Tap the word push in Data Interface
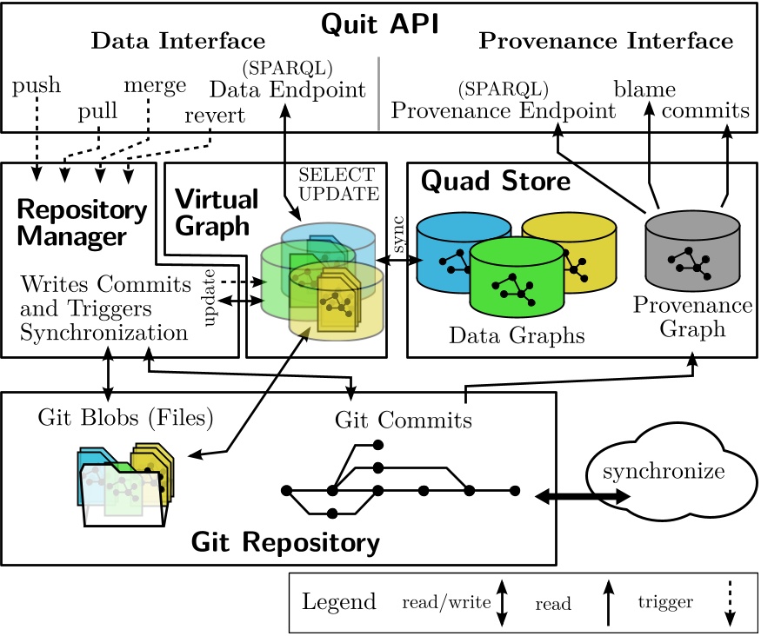pos(37,85)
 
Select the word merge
pos(155,85)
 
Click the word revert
pos(214,116)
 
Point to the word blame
pos(644,89)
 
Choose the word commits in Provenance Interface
pos(705,111)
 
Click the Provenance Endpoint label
pos(503,111)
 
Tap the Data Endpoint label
pos(288,89)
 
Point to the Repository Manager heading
pos(82,222)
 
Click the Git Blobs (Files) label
pos(125,418)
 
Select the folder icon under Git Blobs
pos(123,488)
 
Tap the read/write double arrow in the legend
pos(501,603)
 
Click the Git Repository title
pos(284,544)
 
